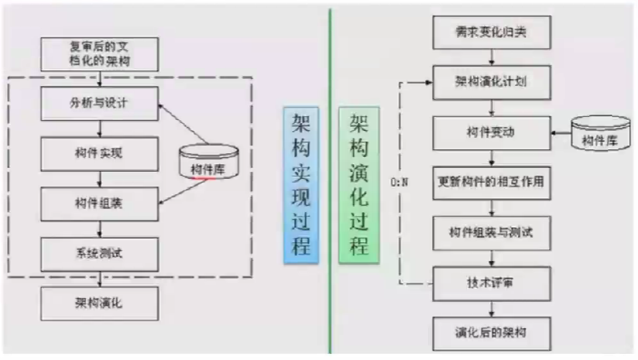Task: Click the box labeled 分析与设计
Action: point(100,103)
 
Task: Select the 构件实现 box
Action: point(100,153)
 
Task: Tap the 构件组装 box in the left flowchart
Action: point(100,203)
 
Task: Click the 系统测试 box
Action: point(100,252)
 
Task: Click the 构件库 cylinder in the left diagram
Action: point(208,163)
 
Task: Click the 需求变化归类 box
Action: point(492,34)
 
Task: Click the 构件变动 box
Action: point(492,132)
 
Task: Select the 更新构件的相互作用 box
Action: point(492,183)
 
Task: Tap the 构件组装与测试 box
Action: point(492,231)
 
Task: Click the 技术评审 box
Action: point(492,282)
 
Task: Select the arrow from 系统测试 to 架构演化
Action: point(100,276)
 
